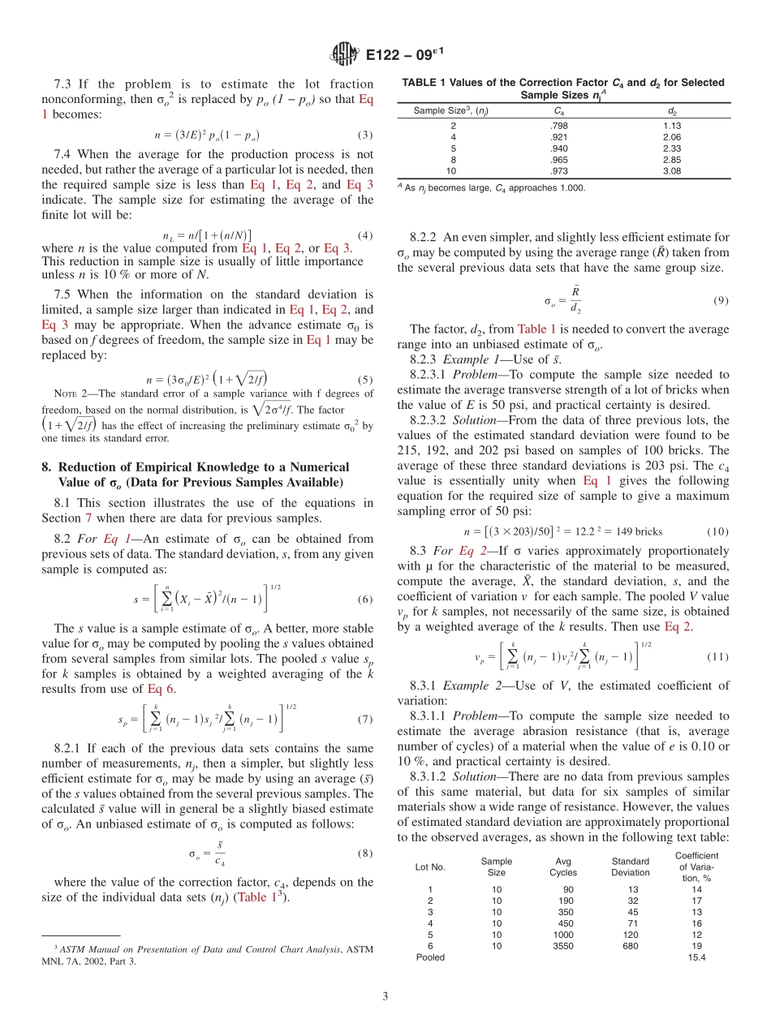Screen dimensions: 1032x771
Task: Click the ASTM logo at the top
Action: pyautogui.click(x=346, y=55)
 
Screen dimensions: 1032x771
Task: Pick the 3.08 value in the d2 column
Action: pyautogui.click(x=672, y=171)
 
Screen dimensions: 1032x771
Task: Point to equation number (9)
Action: pyautogui.click(x=721, y=300)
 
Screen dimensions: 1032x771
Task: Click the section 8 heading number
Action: pyautogui.click(x=46, y=467)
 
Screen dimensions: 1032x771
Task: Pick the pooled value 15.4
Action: pyautogui.click(x=696, y=957)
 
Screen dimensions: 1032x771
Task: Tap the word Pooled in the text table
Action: pyautogui.click(x=430, y=957)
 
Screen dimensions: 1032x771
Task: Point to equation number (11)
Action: pyautogui.click(x=718, y=656)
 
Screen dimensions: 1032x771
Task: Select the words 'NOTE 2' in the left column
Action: pyautogui.click(x=70, y=395)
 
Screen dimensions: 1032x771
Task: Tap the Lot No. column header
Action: pyautogui.click(x=430, y=867)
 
